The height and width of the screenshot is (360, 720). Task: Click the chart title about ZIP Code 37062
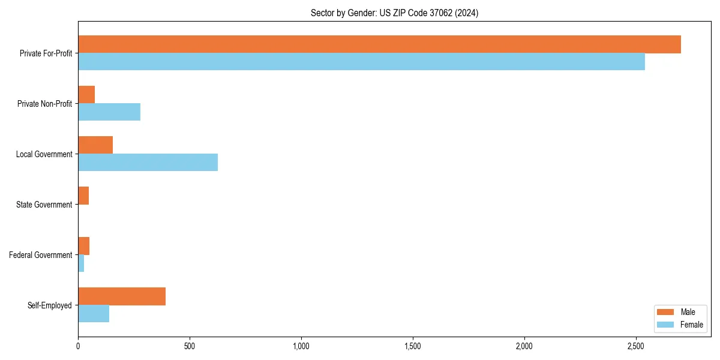(x=394, y=13)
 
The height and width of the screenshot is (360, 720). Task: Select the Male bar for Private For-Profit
(x=379, y=44)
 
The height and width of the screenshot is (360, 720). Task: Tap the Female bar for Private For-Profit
(x=361, y=62)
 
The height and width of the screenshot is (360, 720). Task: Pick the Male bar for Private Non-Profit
(x=86, y=95)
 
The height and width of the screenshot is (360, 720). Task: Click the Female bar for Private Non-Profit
(x=109, y=112)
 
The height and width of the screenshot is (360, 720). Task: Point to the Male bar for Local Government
(x=95, y=145)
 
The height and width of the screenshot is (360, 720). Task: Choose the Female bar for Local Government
(x=148, y=163)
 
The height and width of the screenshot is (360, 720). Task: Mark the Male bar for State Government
(x=83, y=196)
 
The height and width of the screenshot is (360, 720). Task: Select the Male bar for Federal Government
(x=84, y=246)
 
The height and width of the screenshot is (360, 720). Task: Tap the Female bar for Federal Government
(x=81, y=263)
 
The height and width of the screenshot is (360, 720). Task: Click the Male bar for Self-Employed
(x=122, y=296)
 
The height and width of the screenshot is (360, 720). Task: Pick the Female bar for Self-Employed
(x=94, y=314)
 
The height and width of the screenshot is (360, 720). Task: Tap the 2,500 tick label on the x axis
(x=636, y=347)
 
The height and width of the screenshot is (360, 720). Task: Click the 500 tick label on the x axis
(x=190, y=347)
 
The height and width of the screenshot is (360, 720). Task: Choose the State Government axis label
(x=44, y=205)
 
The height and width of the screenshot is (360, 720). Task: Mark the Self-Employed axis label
(x=50, y=305)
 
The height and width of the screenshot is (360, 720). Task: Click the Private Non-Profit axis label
(x=44, y=104)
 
